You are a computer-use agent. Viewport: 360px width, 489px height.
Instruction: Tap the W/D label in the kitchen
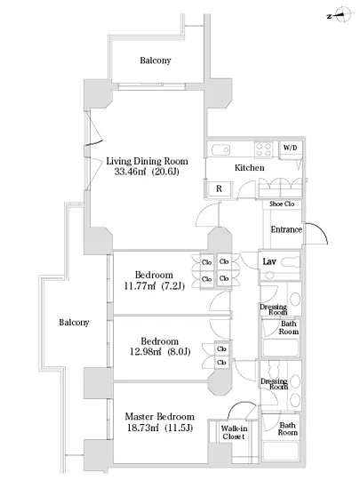click(x=290, y=148)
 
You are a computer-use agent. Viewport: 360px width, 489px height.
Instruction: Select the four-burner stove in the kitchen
click(x=263, y=149)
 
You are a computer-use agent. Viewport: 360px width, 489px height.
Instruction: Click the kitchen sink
click(x=220, y=150)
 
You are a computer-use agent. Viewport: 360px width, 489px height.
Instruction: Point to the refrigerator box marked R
click(x=219, y=188)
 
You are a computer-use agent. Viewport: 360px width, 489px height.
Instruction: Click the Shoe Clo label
click(x=282, y=204)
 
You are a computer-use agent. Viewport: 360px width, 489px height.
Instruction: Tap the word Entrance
click(x=286, y=229)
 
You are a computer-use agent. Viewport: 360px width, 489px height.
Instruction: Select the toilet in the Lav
click(x=290, y=262)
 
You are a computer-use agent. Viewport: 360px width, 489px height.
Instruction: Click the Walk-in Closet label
click(x=234, y=433)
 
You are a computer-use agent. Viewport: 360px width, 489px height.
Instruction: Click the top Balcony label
click(x=156, y=60)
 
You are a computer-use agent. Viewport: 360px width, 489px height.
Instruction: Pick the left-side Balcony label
click(x=74, y=323)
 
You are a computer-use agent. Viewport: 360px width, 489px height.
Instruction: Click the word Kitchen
click(x=250, y=168)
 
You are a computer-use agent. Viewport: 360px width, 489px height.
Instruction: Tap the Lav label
click(x=269, y=261)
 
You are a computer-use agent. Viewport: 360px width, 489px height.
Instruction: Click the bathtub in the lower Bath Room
click(x=281, y=451)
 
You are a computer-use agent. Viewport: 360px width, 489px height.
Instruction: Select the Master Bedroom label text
click(x=160, y=417)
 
